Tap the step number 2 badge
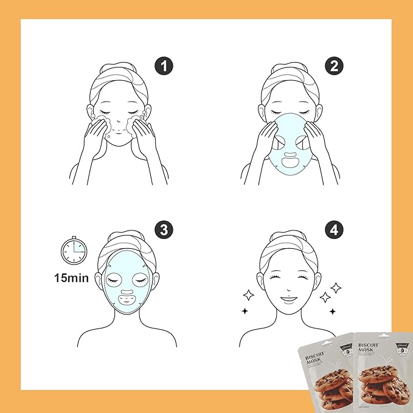tap(334, 66)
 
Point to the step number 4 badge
tap(334, 231)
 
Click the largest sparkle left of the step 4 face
tap(248, 296)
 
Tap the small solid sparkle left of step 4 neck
tap(245, 311)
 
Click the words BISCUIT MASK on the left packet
tap(317, 353)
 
